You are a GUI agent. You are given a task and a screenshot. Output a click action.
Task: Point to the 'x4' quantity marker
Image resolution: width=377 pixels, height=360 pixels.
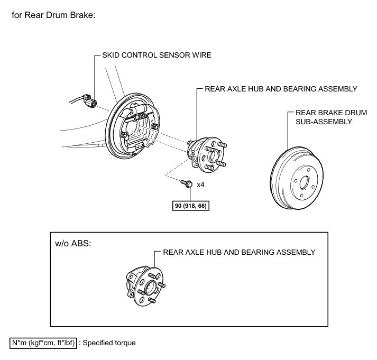point(201,185)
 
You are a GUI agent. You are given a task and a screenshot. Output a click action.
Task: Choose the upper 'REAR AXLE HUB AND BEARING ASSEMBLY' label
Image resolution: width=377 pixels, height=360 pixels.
point(281,89)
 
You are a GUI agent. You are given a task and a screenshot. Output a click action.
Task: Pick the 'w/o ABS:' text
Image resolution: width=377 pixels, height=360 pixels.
point(73,245)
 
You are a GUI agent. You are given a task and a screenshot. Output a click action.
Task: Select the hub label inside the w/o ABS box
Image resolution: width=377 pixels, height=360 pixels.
point(240,252)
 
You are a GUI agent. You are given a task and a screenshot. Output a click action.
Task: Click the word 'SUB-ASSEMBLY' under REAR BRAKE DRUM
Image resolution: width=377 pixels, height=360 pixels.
point(324,121)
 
